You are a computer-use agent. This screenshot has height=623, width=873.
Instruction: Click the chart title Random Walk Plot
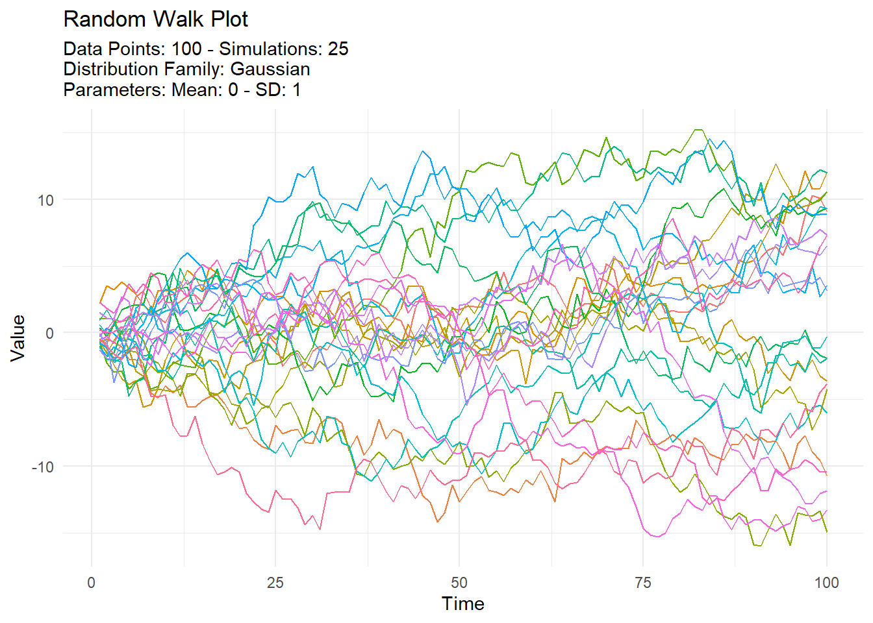(x=155, y=19)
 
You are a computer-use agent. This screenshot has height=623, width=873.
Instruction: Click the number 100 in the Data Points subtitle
(x=186, y=49)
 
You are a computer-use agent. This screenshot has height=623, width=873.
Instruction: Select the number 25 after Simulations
(x=338, y=49)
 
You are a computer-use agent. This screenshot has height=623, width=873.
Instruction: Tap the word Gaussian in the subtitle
(x=270, y=69)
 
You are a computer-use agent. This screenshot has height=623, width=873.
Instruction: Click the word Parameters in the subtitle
(x=114, y=90)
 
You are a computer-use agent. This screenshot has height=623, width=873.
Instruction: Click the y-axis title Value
(x=18, y=337)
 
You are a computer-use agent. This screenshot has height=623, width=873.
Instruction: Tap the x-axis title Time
(x=462, y=604)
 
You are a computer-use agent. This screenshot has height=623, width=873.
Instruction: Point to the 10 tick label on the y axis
(x=45, y=200)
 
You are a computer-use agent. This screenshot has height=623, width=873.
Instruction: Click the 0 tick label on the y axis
(x=49, y=333)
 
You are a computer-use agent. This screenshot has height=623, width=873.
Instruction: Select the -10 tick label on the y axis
(x=43, y=466)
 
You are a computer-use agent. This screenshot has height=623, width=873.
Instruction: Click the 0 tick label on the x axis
(x=92, y=582)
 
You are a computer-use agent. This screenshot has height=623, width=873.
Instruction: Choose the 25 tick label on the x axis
(x=275, y=582)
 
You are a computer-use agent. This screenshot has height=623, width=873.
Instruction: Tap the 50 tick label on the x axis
(x=459, y=582)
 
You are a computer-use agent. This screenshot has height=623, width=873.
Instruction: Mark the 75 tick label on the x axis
(x=643, y=582)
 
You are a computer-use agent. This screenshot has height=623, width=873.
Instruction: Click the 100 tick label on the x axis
(x=826, y=582)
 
